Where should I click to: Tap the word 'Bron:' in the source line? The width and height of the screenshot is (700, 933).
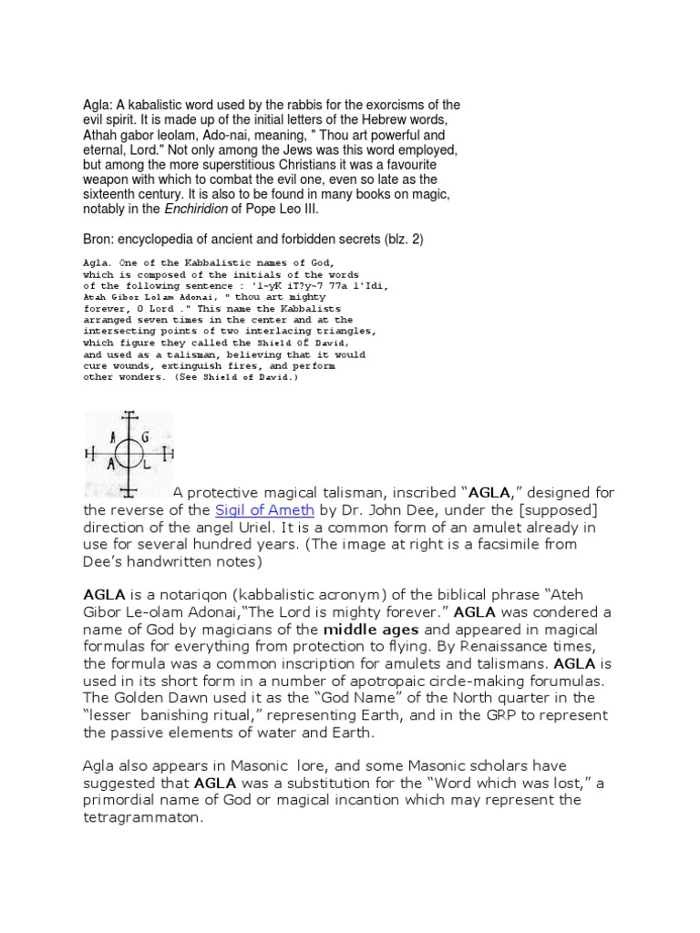pos(100,239)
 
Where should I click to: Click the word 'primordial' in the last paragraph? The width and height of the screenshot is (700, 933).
pos(121,800)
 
